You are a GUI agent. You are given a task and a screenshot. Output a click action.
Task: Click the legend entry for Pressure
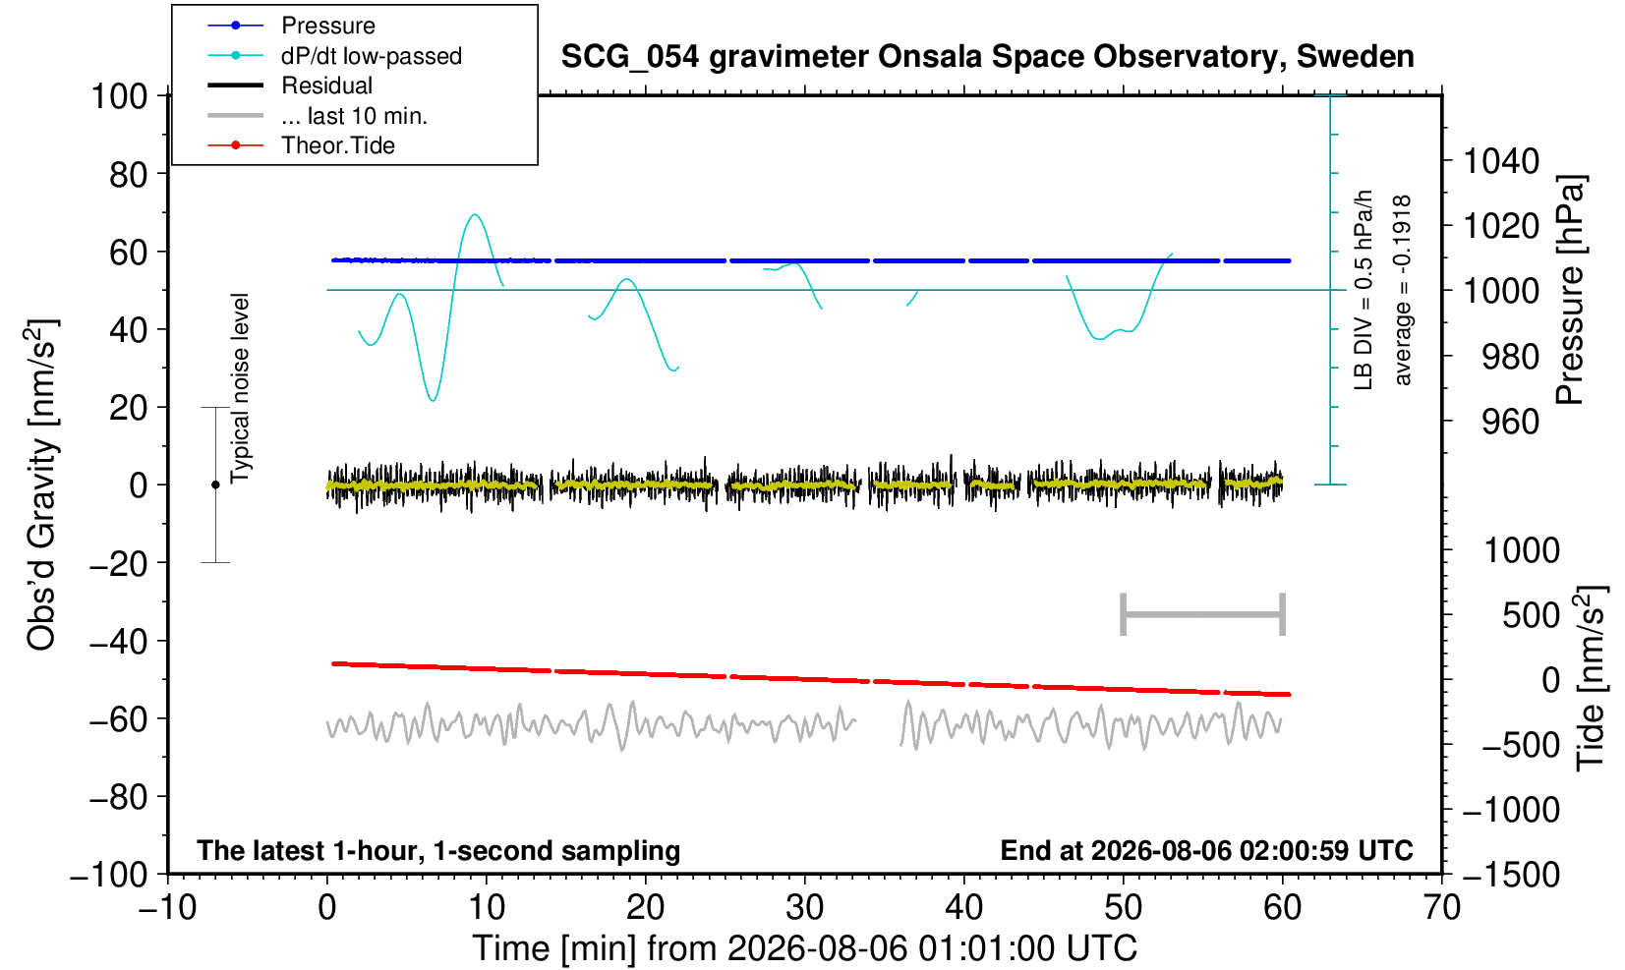click(x=292, y=26)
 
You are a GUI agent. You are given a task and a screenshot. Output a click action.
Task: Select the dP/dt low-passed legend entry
click(x=334, y=56)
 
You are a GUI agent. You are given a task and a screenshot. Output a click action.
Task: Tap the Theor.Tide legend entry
click(x=301, y=145)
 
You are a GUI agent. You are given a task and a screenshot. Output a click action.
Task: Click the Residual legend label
click(x=326, y=86)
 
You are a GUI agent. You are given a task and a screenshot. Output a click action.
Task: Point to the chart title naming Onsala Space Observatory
click(x=987, y=57)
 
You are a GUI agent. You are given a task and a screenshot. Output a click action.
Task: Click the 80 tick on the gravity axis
click(x=129, y=175)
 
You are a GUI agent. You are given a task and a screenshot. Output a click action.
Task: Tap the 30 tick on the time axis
click(x=804, y=907)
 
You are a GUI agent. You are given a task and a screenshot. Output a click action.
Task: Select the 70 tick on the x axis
click(x=1441, y=907)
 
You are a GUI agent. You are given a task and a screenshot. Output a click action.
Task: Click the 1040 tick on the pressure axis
click(x=1501, y=161)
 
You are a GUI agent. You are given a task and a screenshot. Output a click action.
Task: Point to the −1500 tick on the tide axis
click(x=1511, y=875)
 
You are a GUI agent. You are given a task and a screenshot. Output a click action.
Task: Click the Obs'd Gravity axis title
click(x=41, y=485)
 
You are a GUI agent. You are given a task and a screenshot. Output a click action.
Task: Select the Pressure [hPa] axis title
click(x=1571, y=290)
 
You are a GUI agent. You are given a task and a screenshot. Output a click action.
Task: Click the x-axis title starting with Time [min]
click(x=804, y=948)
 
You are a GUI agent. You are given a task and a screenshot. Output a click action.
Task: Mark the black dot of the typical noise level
click(x=215, y=485)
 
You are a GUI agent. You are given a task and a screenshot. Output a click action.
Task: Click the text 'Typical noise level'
click(x=240, y=388)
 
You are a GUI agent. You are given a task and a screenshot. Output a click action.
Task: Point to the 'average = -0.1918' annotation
click(x=1402, y=290)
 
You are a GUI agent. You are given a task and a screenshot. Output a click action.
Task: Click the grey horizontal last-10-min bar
click(x=1203, y=614)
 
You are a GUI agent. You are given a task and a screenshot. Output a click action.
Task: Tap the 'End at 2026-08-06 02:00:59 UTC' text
click(x=1206, y=850)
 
